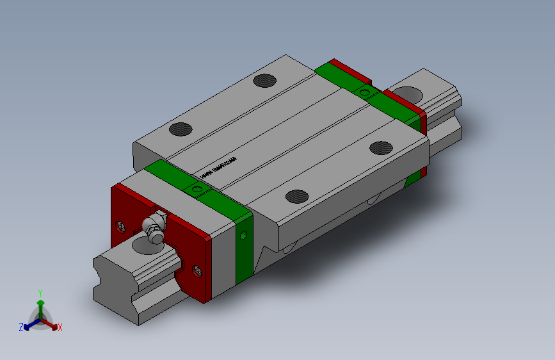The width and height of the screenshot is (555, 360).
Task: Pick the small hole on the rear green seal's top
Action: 365,93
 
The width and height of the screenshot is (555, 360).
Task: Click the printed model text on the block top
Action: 218,168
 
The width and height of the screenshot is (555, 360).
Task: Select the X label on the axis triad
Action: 60,327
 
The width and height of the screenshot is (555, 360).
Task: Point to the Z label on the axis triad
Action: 20,327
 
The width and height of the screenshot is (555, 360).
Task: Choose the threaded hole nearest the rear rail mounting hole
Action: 381,147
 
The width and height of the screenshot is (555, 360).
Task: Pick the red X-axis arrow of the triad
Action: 52,323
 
